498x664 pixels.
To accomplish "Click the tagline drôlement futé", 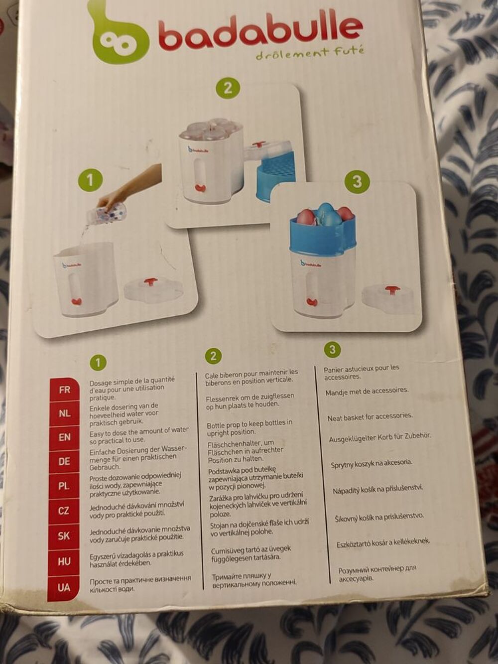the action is click(x=310, y=54).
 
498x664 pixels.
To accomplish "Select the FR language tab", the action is click(x=64, y=390).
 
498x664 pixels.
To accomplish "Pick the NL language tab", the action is click(x=64, y=414).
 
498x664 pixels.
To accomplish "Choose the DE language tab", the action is click(x=64, y=462).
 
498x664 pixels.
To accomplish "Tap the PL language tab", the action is click(x=64, y=486).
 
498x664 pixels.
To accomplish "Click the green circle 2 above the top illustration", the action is click(x=228, y=88).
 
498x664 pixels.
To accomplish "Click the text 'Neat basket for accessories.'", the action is click(x=370, y=417).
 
